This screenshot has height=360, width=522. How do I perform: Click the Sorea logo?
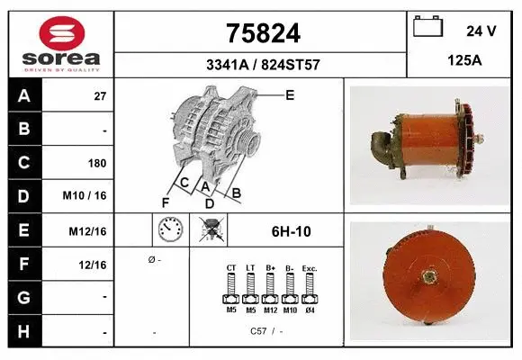[61, 44]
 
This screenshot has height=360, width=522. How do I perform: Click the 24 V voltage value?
[481, 31]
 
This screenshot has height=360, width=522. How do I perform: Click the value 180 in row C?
[97, 164]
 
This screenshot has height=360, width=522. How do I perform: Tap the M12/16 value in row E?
[88, 231]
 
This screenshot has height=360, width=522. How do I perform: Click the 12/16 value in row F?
[93, 265]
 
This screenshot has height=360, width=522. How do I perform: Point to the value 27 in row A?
[100, 96]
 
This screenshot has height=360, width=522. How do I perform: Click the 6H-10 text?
[291, 231]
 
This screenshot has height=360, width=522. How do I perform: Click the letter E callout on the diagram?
[290, 94]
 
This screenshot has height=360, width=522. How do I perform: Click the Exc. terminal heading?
[309, 267]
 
